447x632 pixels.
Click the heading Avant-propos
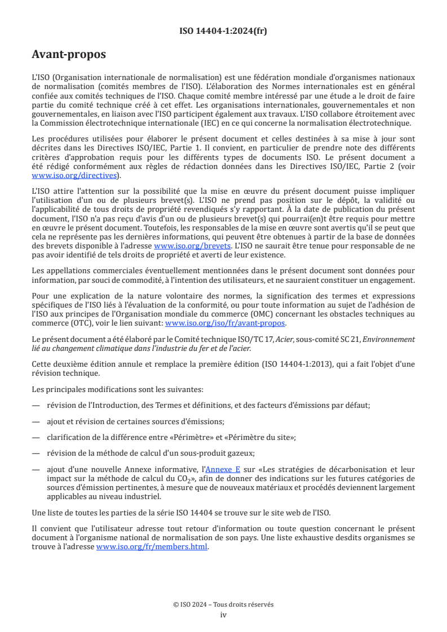[69, 55]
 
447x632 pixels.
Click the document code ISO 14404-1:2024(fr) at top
[223, 31]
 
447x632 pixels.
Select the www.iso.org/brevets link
[192, 246]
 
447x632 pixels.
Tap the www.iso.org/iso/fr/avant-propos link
[225, 323]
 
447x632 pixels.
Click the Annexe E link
[223, 469]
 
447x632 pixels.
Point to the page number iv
[223, 615]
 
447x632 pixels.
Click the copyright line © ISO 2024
[223, 604]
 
